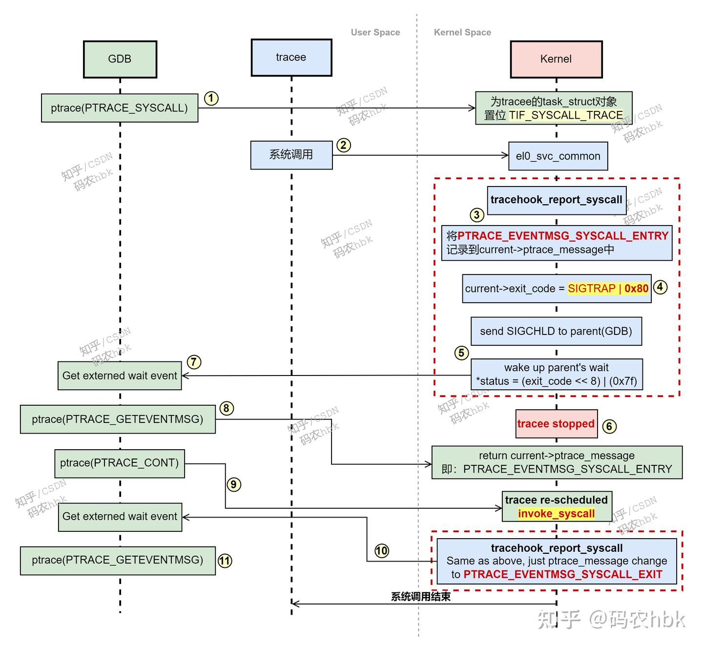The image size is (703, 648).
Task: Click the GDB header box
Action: click(120, 59)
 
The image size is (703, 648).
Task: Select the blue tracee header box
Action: click(291, 58)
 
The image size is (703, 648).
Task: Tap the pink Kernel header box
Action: click(556, 59)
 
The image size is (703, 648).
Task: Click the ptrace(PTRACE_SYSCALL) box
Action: click(120, 108)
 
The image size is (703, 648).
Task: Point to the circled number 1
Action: click(211, 99)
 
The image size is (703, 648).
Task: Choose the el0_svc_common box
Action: click(558, 156)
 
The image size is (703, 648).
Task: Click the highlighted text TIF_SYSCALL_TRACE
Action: click(566, 115)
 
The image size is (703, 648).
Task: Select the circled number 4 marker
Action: click(660, 287)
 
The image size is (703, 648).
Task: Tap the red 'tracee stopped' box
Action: click(556, 424)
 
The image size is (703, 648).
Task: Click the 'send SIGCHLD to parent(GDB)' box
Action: click(556, 332)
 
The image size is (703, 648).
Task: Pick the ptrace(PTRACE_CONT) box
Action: click(120, 463)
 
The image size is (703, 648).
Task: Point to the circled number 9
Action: click(234, 484)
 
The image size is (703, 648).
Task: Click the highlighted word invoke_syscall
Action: click(556, 514)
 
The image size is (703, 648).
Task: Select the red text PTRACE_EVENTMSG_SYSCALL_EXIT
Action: click(562, 574)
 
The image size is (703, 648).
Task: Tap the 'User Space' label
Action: click(375, 33)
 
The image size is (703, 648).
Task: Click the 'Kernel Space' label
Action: click(462, 33)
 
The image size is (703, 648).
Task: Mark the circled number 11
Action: click(225, 561)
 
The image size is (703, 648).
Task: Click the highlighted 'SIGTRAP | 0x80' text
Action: click(608, 289)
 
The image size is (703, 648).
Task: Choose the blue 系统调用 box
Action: click(291, 155)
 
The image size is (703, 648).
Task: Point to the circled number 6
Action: click(609, 426)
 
